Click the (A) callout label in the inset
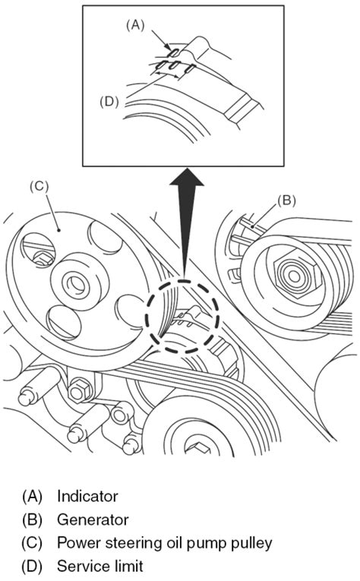(135, 25)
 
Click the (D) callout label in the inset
(109, 102)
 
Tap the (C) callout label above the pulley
(39, 186)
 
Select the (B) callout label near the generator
(286, 200)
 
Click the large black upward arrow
(187, 223)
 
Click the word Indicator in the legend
(87, 496)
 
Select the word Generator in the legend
(93, 519)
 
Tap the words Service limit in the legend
(100, 566)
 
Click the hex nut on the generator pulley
(294, 276)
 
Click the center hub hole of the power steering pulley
(77, 285)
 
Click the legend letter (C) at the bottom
(32, 543)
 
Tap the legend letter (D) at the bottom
(32, 567)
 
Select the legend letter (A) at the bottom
(32, 497)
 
